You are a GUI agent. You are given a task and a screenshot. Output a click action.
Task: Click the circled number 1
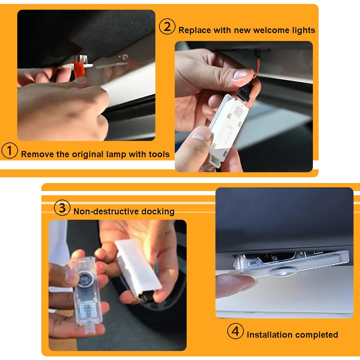click(x=10, y=150)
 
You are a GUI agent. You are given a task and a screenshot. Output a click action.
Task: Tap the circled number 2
click(x=167, y=27)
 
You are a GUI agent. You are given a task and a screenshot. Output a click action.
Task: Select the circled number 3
click(x=62, y=208)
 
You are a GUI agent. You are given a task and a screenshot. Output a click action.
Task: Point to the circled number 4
click(x=235, y=331)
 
